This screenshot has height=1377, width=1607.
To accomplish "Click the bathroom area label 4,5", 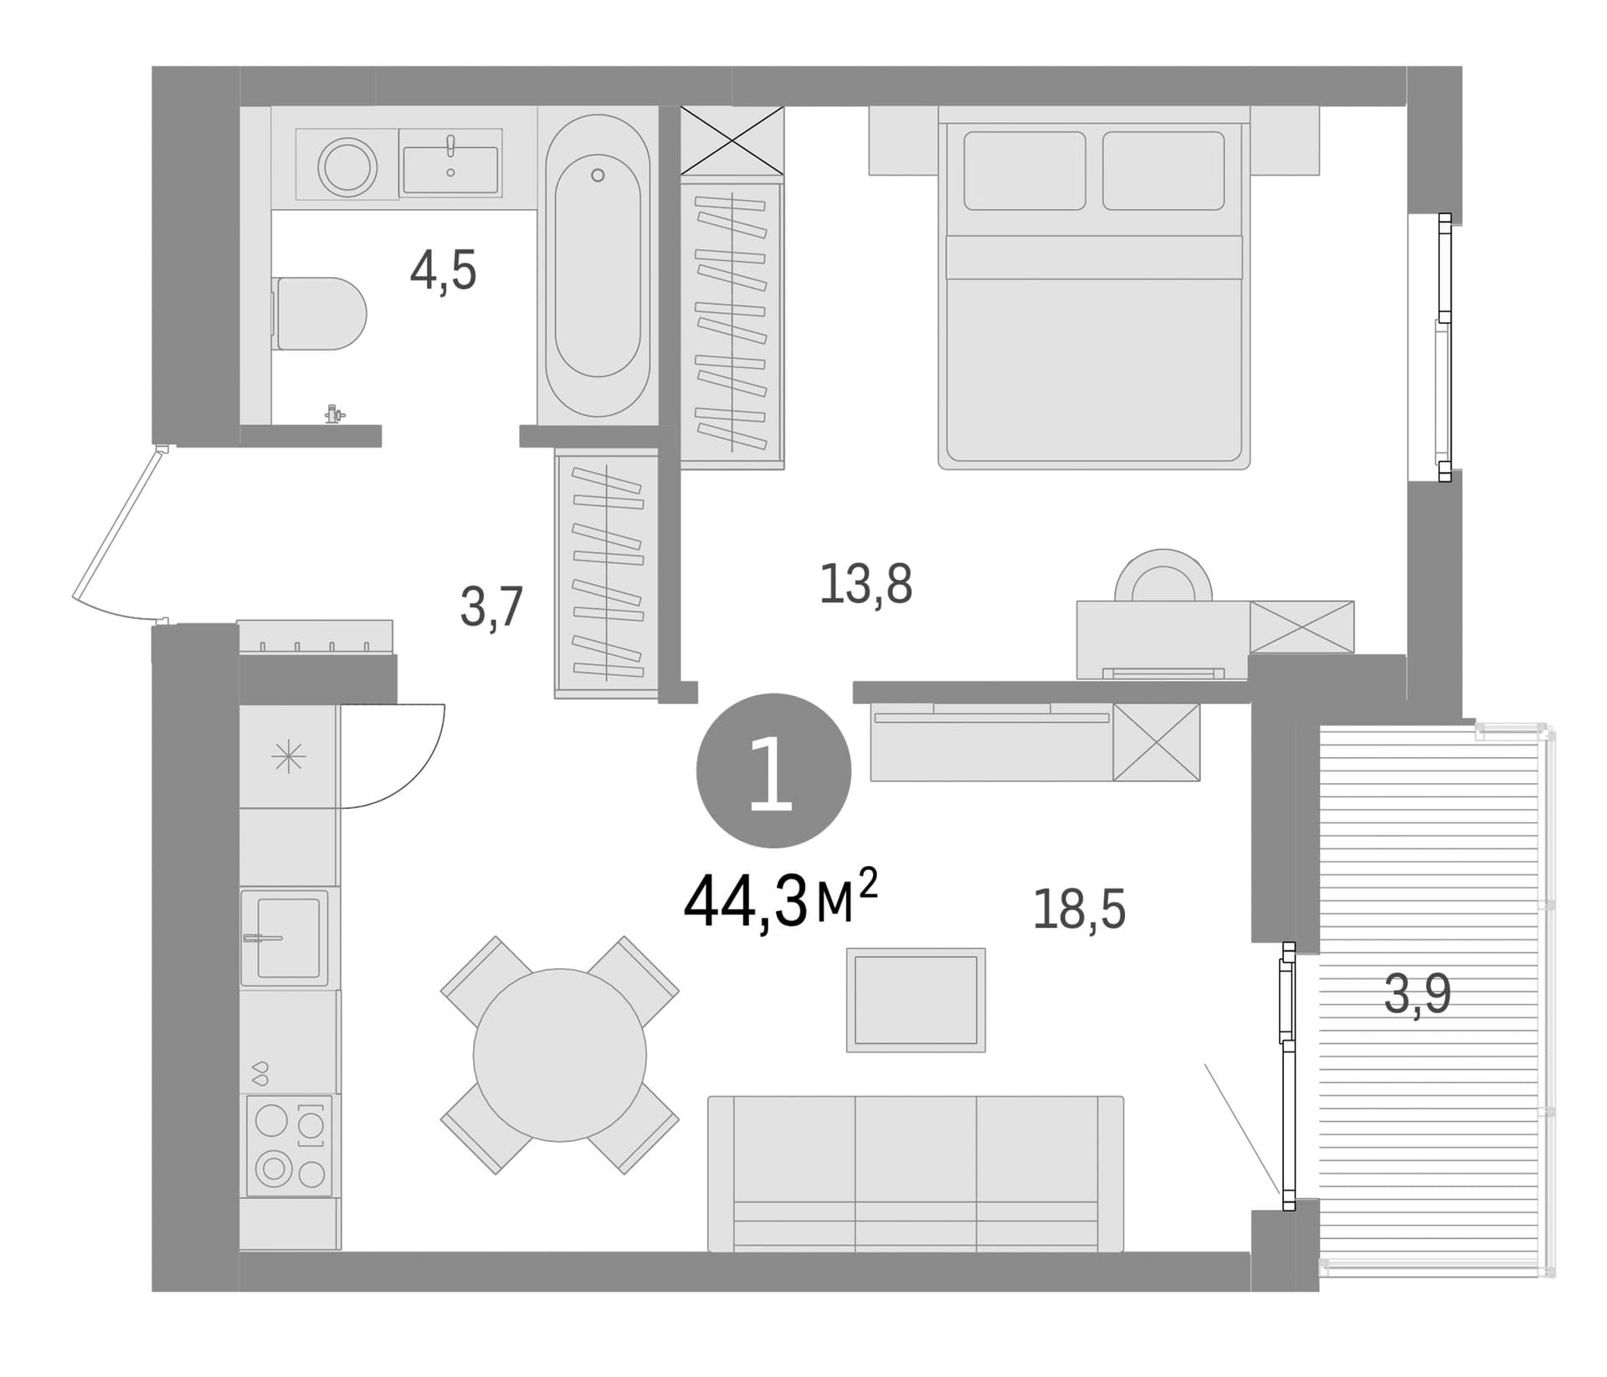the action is [x=443, y=271].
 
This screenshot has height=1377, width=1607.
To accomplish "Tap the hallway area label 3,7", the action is [x=492, y=607].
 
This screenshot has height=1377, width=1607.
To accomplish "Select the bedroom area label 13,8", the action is [x=865, y=583].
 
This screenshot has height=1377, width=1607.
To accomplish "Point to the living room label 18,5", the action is [x=1079, y=909].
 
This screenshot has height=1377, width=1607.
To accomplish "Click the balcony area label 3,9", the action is [x=1417, y=995].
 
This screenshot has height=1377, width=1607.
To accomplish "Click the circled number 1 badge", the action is [x=773, y=770].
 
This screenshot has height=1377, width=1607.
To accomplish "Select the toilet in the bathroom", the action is [x=321, y=313].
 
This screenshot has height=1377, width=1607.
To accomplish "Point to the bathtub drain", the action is [x=598, y=175].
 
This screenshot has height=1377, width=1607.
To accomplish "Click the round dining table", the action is [x=560, y=1055].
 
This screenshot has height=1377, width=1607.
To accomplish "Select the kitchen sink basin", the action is [x=288, y=938].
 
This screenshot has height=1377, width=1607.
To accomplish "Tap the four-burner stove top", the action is [x=290, y=1145].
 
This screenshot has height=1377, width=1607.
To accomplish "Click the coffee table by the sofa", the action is [x=916, y=1000].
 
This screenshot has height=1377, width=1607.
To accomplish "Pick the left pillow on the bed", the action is [x=1024, y=171].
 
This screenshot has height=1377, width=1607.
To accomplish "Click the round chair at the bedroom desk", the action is [x=1163, y=575].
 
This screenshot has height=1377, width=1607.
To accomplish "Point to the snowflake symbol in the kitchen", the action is [x=288, y=757].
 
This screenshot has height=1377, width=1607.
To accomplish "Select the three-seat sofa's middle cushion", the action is [x=916, y=1175].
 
